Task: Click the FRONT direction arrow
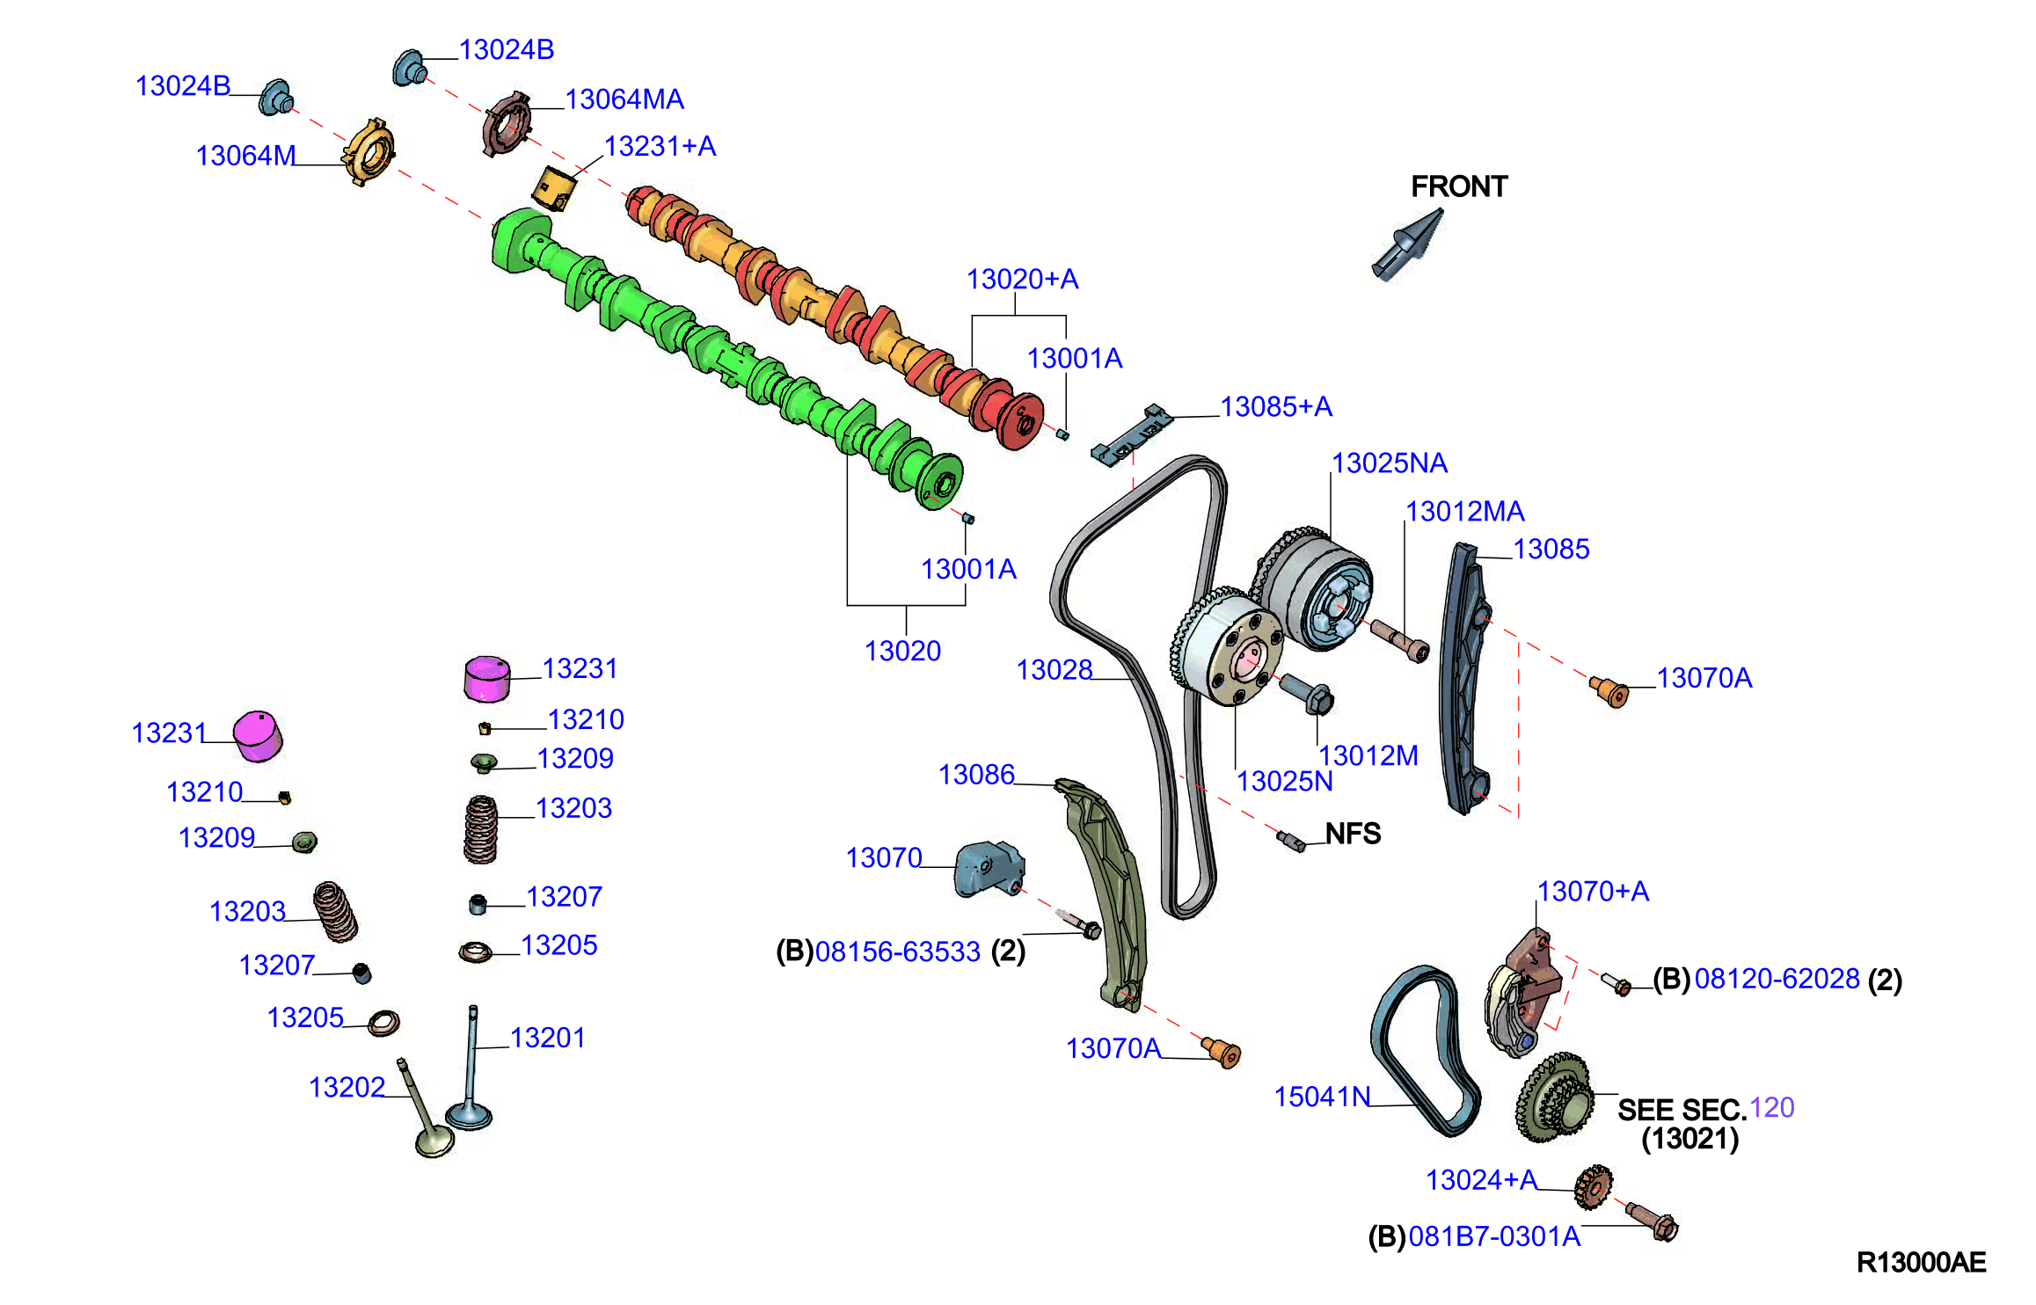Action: [1408, 244]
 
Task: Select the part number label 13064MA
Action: [624, 99]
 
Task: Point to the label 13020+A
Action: [1022, 279]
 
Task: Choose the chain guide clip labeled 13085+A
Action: [1132, 434]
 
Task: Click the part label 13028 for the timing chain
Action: [1054, 669]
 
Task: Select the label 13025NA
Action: [1390, 463]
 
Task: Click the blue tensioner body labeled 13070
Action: [989, 869]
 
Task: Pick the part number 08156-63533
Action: [898, 951]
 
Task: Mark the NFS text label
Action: [1353, 833]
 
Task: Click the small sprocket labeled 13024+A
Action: [1593, 1187]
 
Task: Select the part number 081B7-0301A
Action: [1494, 1236]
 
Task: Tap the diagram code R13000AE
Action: [1921, 1262]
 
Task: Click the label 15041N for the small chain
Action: [1322, 1097]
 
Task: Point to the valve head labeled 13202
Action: [435, 1142]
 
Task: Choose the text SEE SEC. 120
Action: [1705, 1108]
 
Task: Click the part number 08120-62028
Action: [1777, 979]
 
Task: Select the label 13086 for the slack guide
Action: [976, 774]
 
